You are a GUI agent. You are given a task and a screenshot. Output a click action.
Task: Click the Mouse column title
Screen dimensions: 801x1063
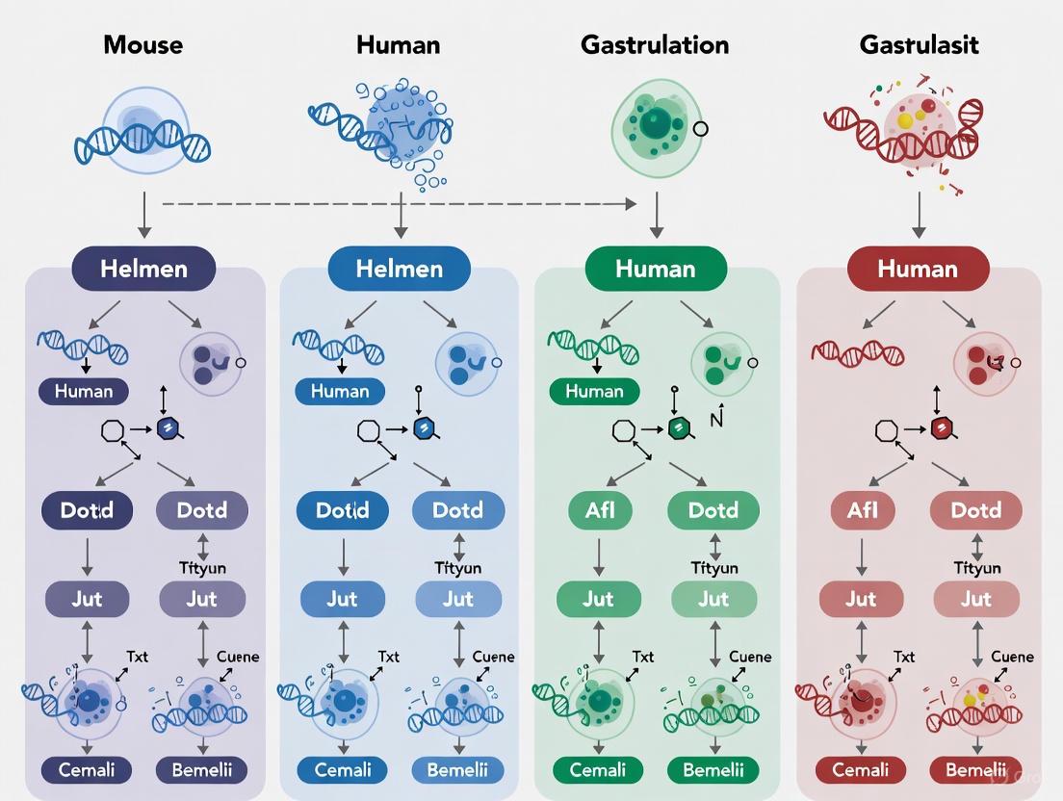coord(143,44)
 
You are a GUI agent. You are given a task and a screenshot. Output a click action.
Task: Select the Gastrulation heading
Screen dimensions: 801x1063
coord(655,44)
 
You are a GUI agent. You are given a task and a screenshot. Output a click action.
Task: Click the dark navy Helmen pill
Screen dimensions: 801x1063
coord(143,269)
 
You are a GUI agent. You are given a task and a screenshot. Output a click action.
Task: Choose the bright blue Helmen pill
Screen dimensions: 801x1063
coord(399,269)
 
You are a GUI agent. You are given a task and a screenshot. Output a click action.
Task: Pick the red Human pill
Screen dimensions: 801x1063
coord(918,269)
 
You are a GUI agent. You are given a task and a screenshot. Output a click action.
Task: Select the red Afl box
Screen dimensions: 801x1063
coord(861,510)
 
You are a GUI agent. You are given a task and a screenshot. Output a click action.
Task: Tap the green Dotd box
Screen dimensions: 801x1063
coord(713,510)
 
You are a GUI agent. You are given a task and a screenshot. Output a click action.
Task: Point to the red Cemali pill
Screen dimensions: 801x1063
coord(861,770)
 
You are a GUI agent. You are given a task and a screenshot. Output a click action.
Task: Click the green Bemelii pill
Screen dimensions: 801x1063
coord(713,770)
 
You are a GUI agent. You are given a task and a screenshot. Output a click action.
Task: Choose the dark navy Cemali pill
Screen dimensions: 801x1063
coord(86,770)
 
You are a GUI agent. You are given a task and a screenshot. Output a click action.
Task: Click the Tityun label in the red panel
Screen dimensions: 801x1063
coord(976,568)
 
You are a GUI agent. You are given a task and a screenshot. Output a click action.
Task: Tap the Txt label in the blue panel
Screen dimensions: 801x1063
coord(388,657)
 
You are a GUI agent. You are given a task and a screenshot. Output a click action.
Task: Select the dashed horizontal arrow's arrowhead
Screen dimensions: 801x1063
coord(631,204)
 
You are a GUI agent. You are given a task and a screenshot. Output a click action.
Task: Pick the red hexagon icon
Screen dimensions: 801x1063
coord(943,429)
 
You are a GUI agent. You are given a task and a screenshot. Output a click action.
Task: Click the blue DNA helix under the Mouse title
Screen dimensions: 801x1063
coord(143,142)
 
